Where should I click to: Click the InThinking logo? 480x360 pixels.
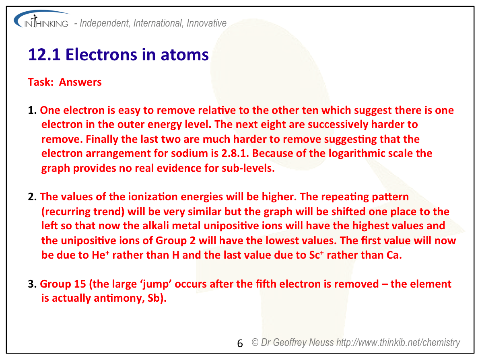tap(41, 20)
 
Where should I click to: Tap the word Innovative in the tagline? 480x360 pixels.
tap(207, 23)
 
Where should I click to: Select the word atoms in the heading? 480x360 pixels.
tap(185, 55)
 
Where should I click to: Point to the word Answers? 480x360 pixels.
tap(80, 82)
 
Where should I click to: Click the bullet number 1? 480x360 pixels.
tap(32, 110)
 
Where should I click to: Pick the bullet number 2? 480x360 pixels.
tap(32, 197)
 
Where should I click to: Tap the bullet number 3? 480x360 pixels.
tap(32, 284)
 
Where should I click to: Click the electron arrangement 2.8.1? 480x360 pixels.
tap(235, 153)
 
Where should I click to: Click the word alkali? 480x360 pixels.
tap(156, 226)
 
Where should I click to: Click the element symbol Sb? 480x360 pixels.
tap(154, 298)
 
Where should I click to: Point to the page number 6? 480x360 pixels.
tap(240, 344)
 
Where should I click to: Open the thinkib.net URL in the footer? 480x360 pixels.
tap(398, 343)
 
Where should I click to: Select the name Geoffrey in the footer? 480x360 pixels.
tap(290, 343)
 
